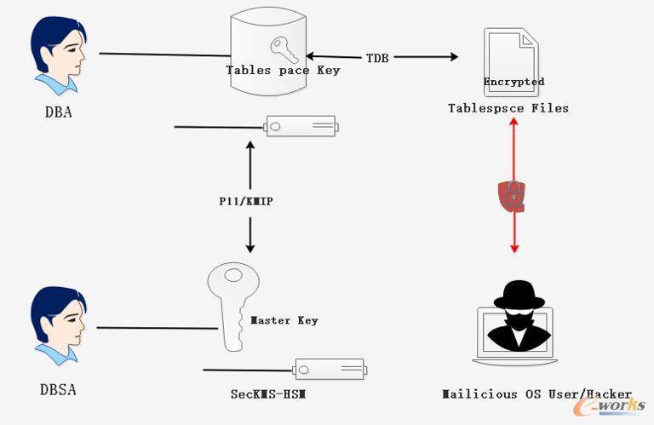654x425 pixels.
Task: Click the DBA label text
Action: point(59,112)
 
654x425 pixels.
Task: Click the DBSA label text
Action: point(58,389)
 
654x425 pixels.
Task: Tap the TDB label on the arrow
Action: point(377,58)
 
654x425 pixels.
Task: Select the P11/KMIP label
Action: point(246,202)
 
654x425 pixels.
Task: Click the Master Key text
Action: point(284,320)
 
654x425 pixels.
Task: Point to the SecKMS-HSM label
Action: point(268,393)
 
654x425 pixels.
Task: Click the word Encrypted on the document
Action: point(513,81)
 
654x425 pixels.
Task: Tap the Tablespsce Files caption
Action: point(508,108)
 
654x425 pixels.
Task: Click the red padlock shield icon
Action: point(512,196)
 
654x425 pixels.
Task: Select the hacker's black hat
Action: point(519,295)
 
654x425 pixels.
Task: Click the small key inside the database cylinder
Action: point(284,49)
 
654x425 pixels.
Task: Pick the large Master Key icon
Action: point(232,307)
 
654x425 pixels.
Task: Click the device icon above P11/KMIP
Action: point(301,126)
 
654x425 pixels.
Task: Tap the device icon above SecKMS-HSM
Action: point(330,369)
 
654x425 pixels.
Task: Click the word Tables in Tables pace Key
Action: point(248,70)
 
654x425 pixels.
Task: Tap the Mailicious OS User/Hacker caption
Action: point(536,393)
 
